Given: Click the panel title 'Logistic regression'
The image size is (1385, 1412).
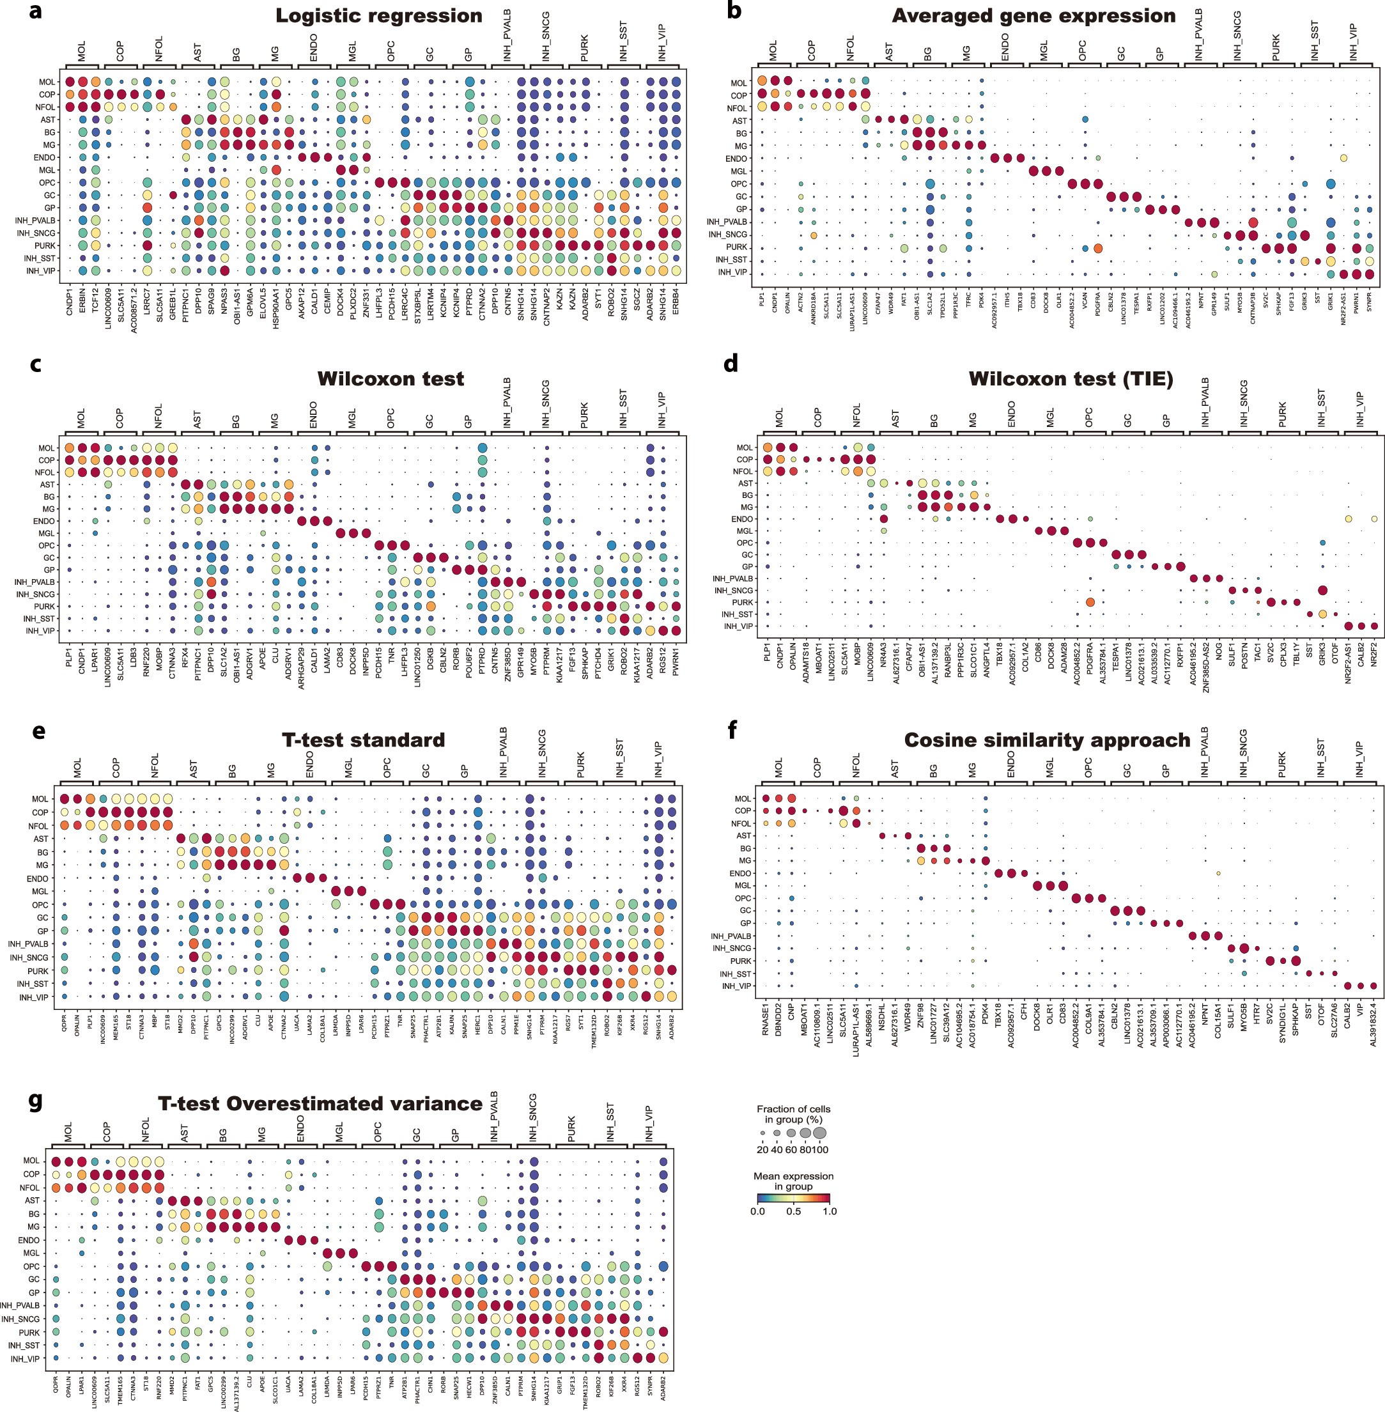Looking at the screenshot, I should pyautogui.click(x=378, y=16).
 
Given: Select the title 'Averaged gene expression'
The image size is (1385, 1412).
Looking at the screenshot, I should pyautogui.click(x=1033, y=16).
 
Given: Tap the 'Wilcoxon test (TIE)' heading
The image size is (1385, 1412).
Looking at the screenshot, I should pyautogui.click(x=1071, y=379).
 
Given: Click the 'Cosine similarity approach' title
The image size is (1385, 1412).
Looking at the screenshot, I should pyautogui.click(x=1047, y=741).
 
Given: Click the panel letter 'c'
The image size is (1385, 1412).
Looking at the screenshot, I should pyautogui.click(x=36, y=364).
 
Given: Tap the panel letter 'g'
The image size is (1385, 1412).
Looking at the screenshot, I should pyautogui.click(x=36, y=1101).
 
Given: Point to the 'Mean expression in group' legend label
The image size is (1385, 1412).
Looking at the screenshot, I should pyautogui.click(x=793, y=1181).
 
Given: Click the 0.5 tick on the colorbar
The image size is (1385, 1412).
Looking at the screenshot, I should pyautogui.click(x=793, y=1211).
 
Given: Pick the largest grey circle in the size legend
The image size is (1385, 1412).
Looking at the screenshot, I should pyautogui.click(x=820, y=1133).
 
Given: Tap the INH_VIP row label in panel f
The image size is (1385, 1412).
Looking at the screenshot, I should pyautogui.click(x=737, y=986).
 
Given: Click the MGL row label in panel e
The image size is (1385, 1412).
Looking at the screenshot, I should pyautogui.click(x=40, y=891).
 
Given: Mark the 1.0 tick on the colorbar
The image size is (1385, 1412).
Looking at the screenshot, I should pyautogui.click(x=829, y=1211).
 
